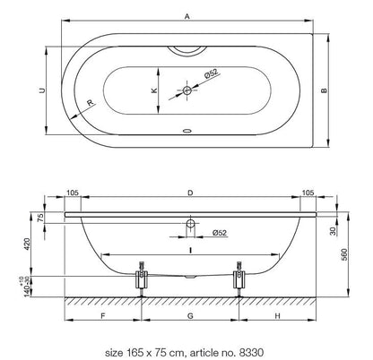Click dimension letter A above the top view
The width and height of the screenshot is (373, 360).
187,16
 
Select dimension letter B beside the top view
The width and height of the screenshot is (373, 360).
324,90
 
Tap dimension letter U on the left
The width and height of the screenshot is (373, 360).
42,90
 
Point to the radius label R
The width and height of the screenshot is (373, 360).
91,103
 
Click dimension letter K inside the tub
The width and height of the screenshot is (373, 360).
154,90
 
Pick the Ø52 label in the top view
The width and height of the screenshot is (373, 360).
212,73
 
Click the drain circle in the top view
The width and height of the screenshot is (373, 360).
187,90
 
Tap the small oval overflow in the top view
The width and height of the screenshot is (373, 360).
187,131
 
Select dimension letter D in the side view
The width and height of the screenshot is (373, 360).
190,193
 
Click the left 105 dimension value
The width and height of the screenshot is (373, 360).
73,193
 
